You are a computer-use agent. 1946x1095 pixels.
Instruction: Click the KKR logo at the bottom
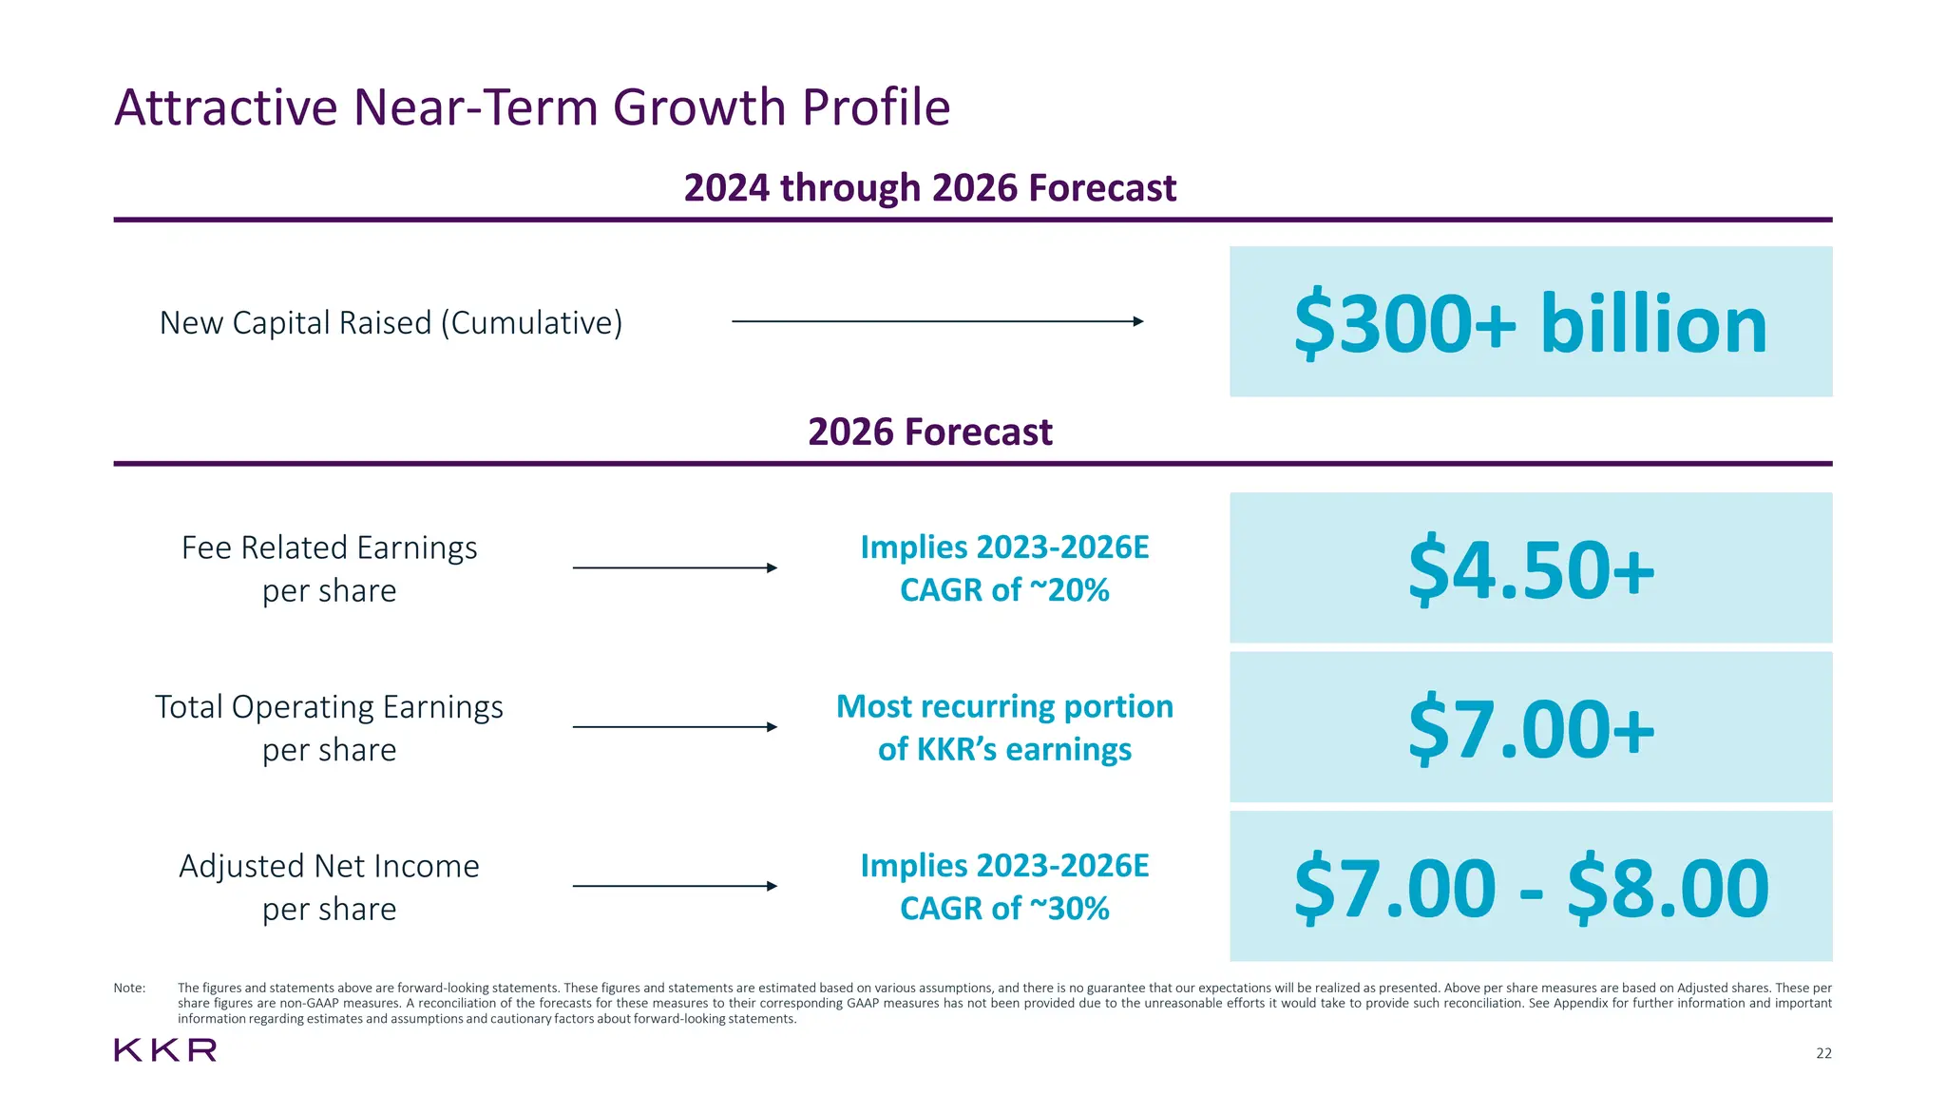(x=165, y=1050)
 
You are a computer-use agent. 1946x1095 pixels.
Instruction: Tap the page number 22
(x=1823, y=1053)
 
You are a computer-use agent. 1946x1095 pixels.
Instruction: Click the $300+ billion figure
(x=1530, y=323)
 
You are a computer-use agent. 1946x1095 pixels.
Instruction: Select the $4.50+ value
(x=1531, y=569)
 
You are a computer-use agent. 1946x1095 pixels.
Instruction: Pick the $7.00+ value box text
(x=1531, y=729)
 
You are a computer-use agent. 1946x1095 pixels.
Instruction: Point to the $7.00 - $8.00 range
(x=1531, y=889)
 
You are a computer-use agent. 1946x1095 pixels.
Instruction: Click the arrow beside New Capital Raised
(x=937, y=321)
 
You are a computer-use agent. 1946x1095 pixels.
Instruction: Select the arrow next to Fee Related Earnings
(x=675, y=568)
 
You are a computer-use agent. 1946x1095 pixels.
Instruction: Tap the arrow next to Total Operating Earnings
(x=675, y=727)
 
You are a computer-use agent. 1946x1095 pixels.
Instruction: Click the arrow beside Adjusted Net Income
(x=675, y=886)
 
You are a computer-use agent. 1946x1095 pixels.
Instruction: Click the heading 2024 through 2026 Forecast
(x=929, y=188)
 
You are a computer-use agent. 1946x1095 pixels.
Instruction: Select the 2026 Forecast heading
(x=929, y=432)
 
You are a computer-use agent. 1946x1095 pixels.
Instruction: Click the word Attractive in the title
(x=226, y=107)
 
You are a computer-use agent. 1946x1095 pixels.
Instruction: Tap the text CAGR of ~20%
(x=1004, y=590)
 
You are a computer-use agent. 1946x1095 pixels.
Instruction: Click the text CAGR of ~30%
(x=1004, y=909)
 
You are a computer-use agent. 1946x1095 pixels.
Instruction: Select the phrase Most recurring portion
(x=1004, y=706)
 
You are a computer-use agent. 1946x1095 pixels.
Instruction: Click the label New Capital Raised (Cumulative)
(x=391, y=323)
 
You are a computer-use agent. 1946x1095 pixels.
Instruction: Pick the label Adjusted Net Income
(x=329, y=866)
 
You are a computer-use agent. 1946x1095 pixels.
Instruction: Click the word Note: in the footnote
(x=129, y=988)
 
